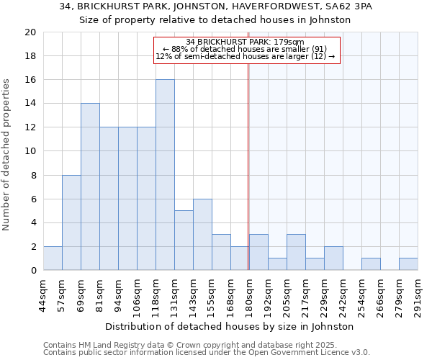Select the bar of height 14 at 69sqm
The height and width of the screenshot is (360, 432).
(x=90, y=186)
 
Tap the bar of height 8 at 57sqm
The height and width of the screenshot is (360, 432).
(x=71, y=222)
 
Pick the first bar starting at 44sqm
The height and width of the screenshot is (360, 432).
(x=53, y=258)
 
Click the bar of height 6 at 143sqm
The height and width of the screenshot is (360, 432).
(x=202, y=234)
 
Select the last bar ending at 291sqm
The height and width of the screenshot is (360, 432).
(x=408, y=264)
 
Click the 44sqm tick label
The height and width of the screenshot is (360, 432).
(x=44, y=295)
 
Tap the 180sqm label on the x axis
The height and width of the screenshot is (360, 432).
(x=250, y=295)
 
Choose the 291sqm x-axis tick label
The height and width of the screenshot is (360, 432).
(x=418, y=295)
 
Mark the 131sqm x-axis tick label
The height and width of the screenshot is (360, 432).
(x=175, y=295)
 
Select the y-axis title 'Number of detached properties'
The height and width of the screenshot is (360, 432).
(x=7, y=155)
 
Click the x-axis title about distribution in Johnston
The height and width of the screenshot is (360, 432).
(x=234, y=327)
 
